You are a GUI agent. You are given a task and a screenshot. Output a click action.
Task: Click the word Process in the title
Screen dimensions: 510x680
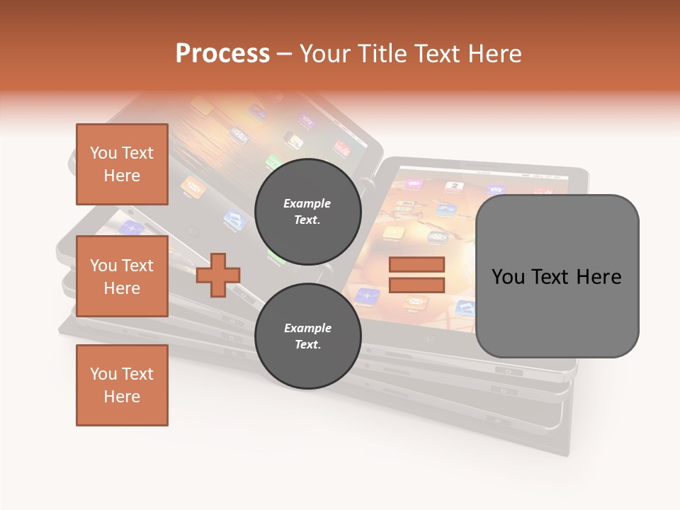click(222, 54)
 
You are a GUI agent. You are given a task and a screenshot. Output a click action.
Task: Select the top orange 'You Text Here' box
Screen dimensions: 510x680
click(122, 164)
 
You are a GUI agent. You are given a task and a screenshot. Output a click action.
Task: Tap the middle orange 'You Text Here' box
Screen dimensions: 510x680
click(122, 276)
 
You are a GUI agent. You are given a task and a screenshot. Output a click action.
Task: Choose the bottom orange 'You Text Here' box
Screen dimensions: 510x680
click(122, 385)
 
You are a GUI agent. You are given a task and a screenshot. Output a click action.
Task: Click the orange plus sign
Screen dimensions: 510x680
click(218, 274)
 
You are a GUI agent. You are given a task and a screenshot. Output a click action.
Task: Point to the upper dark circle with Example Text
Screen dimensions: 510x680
click(307, 211)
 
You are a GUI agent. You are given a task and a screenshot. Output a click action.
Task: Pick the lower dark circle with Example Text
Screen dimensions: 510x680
click(307, 336)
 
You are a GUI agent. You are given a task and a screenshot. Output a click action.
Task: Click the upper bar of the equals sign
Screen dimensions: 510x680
click(416, 265)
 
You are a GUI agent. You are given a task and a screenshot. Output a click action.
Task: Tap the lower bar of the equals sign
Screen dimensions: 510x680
click(416, 285)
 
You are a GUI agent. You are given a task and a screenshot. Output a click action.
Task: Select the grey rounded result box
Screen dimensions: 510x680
click(557, 276)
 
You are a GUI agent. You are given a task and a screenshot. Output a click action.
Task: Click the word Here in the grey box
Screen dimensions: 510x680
click(599, 277)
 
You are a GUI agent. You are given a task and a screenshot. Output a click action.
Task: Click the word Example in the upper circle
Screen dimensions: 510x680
click(307, 203)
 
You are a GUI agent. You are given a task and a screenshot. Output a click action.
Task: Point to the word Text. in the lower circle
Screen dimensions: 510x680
click(307, 345)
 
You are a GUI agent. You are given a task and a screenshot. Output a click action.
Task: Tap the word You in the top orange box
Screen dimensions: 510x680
click(103, 153)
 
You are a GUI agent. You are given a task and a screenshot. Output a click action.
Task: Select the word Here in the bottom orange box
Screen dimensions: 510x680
click(122, 397)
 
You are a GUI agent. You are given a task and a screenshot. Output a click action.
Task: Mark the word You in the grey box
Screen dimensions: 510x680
click(508, 277)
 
